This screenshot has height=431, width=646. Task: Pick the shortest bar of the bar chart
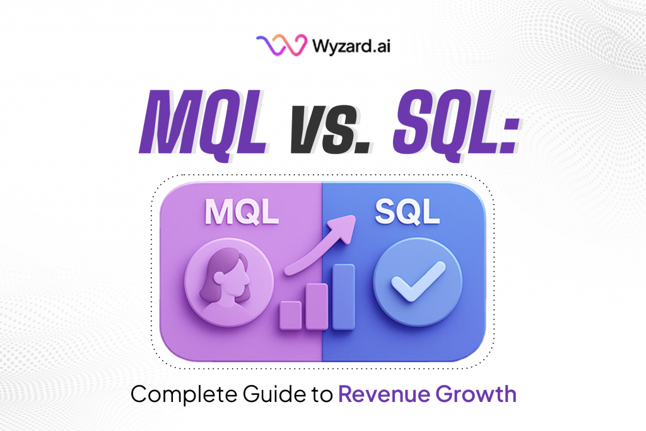[290, 315]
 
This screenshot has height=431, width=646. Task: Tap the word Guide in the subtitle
[267, 395]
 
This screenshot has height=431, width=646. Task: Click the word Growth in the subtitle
[481, 395]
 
